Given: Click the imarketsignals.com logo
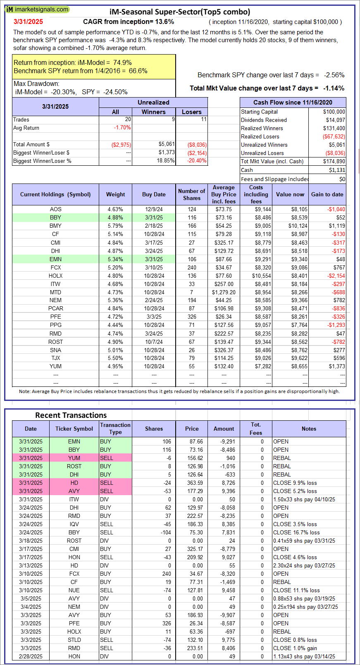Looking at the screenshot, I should pos(37,9).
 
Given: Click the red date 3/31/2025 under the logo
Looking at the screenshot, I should pos(28,22).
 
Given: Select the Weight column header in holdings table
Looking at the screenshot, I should pos(115,194).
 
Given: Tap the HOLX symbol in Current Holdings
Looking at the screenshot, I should pos(55,276).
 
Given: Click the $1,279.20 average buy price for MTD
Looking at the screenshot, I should pos(224,292).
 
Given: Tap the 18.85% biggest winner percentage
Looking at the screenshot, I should pos(166,160).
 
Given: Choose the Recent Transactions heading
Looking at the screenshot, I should pos(71,415).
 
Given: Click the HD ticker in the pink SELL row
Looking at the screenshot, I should pos(74,483).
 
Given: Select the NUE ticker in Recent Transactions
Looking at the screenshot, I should pos(74,590).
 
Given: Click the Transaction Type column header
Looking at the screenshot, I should pos(115,429).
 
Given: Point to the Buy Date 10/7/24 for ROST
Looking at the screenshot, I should pos(154,342).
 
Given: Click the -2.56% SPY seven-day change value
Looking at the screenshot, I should pos(334,75).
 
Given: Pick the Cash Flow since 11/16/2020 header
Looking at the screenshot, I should pos(293,102).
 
